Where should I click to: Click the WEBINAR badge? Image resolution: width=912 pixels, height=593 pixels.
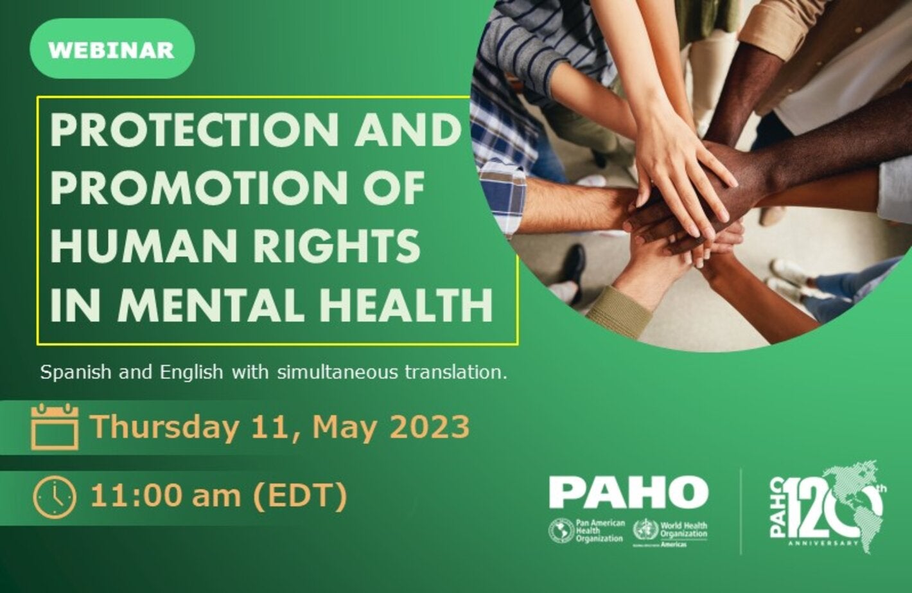[x=112, y=49]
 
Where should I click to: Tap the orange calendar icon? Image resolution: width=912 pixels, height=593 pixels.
[x=55, y=427]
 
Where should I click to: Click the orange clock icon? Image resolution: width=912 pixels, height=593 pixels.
[x=55, y=497]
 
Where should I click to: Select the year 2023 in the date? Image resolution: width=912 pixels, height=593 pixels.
[x=429, y=427]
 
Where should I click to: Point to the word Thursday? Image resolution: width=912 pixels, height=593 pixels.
[x=164, y=427]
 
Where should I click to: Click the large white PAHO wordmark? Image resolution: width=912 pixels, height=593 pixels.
[x=628, y=492]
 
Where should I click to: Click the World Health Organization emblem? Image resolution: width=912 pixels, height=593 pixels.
[x=645, y=531]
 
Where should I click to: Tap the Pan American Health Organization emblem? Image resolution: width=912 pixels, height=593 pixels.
[x=561, y=531]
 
